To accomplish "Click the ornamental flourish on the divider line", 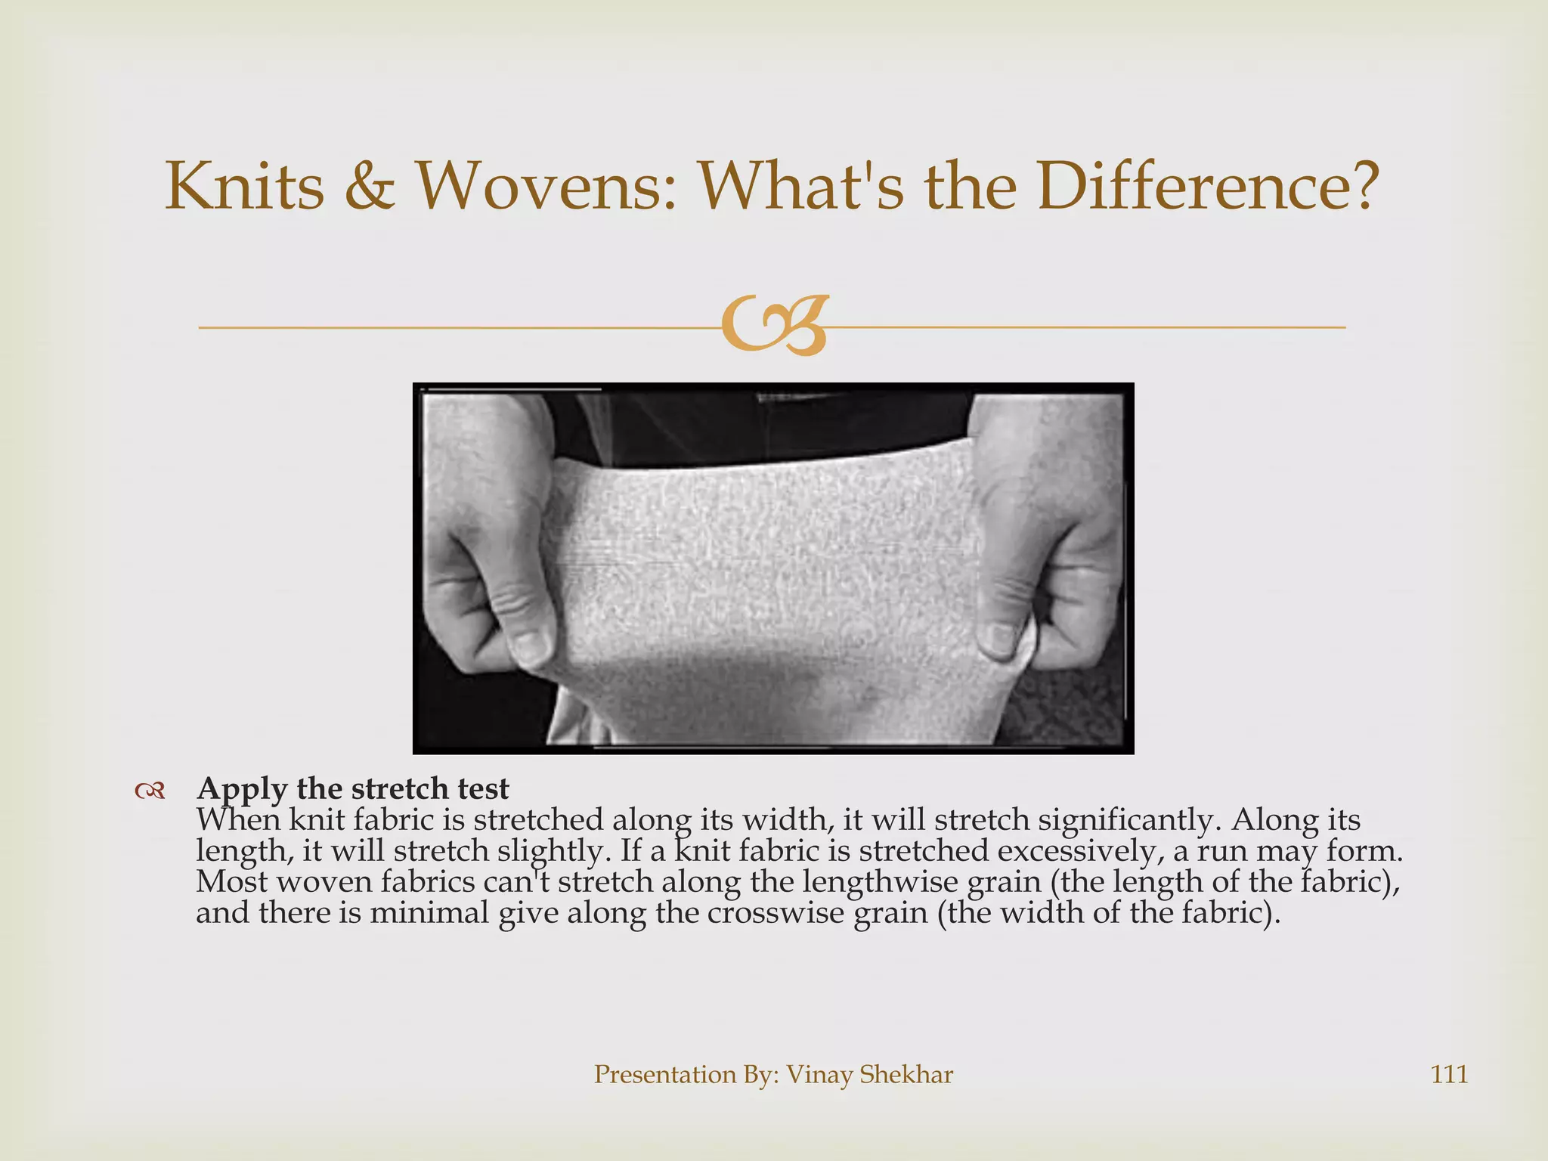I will pyautogui.click(x=775, y=326).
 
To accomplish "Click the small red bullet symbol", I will pyautogui.click(x=150, y=791).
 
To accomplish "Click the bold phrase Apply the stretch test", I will pyautogui.click(x=353, y=789).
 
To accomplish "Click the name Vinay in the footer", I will pyautogui.click(x=819, y=1074).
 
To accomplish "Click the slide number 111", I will pyautogui.click(x=1449, y=1074).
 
